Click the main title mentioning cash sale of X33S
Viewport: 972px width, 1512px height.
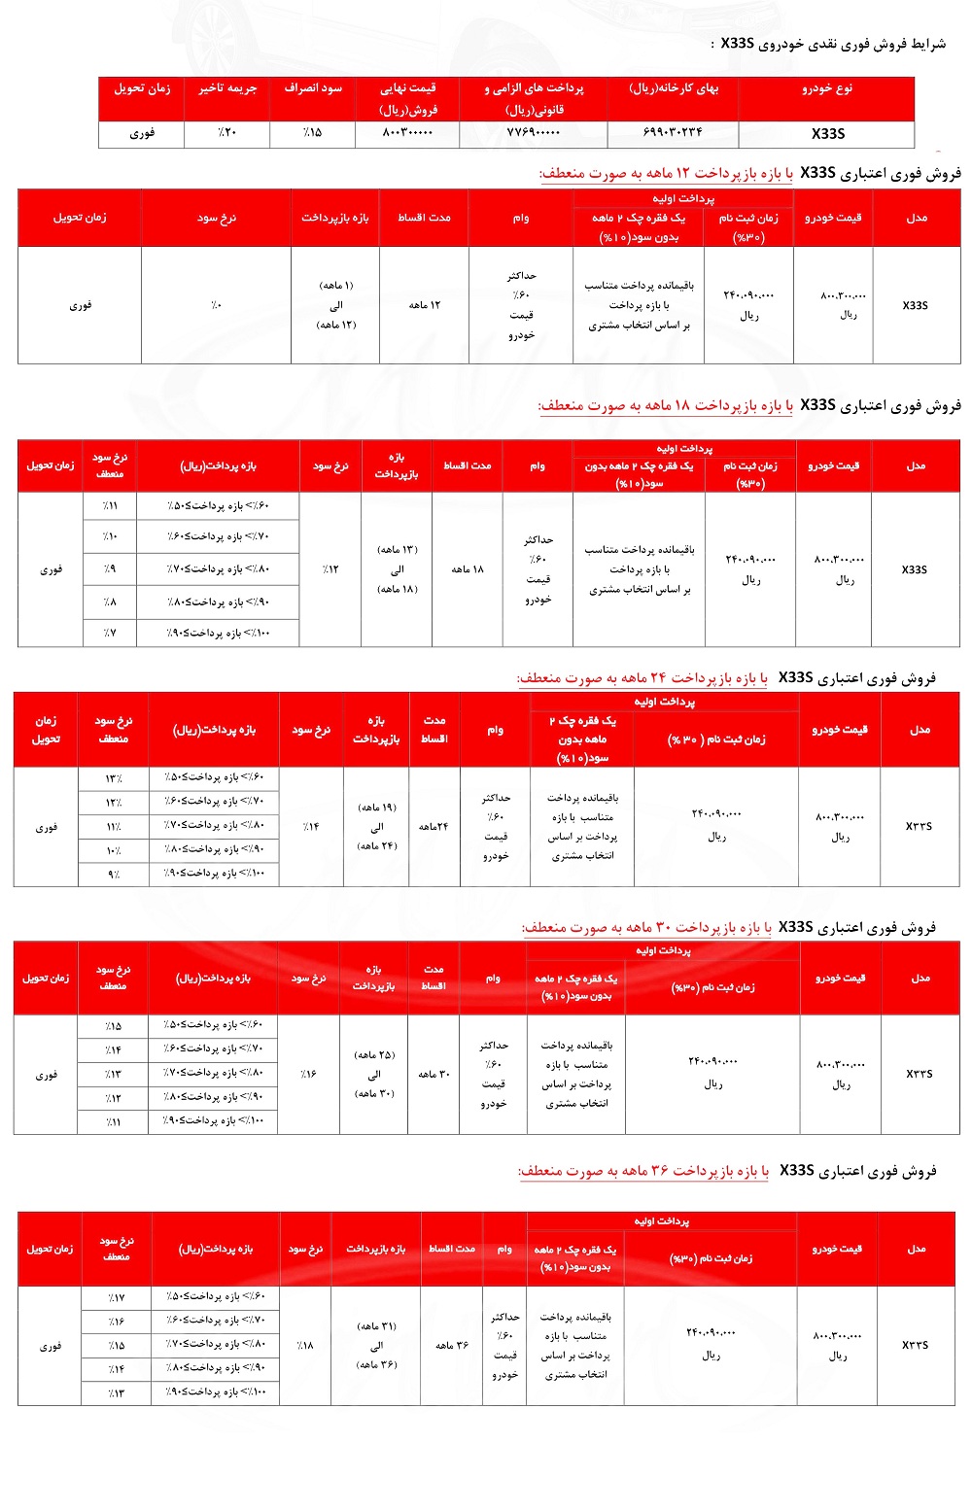[x=832, y=44]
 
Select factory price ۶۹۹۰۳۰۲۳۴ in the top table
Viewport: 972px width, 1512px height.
[x=673, y=133]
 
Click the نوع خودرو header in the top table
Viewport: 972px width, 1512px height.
[x=826, y=88]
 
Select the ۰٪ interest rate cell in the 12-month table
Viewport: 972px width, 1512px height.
[x=216, y=305]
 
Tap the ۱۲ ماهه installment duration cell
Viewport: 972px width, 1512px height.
[x=424, y=305]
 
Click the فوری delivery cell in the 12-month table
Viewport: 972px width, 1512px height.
[x=80, y=305]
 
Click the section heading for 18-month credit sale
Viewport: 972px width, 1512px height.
[x=749, y=405]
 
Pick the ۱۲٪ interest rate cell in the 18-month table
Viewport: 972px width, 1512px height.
[x=330, y=568]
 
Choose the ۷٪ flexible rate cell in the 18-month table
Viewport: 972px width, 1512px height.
[x=110, y=633]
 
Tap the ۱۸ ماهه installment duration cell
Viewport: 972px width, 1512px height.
[x=467, y=568]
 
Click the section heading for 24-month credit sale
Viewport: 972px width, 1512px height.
[x=726, y=678]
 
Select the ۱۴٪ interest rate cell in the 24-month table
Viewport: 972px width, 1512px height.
[x=310, y=827]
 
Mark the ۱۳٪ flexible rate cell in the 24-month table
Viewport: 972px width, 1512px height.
[x=114, y=777]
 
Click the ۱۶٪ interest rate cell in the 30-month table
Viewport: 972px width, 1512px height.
[x=308, y=1074]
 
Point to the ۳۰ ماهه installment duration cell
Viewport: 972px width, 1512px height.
[x=434, y=1074]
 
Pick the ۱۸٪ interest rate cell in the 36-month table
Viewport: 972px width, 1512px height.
[x=304, y=1346]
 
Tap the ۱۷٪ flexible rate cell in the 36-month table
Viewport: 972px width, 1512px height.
[x=117, y=1297]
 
